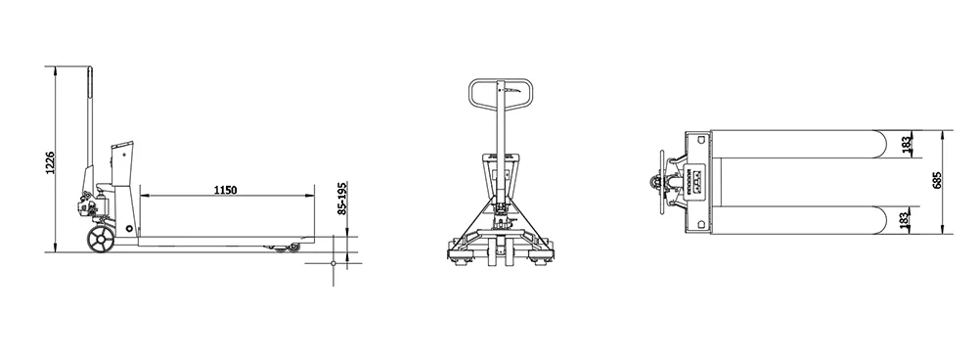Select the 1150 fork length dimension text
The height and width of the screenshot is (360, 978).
[224, 188]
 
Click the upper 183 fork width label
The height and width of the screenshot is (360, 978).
[908, 145]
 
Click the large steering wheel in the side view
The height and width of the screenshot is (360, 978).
[98, 241]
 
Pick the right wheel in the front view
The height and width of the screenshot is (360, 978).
[537, 256]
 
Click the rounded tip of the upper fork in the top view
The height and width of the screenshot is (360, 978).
[882, 144]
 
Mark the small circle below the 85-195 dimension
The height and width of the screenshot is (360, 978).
[333, 264]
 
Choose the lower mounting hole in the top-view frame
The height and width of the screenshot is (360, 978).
[702, 223]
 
